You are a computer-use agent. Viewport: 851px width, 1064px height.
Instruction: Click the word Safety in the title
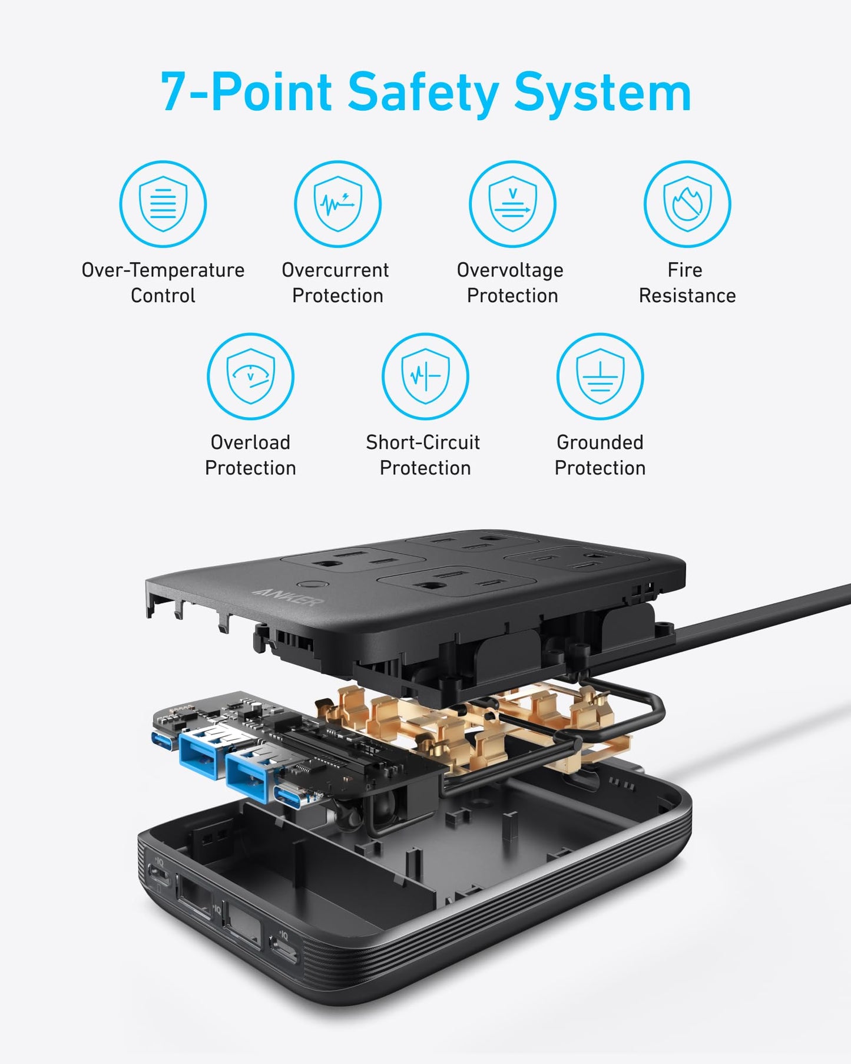423,92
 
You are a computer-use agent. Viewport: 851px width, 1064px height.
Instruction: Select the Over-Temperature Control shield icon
163,204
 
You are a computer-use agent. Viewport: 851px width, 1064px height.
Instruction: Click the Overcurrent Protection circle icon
337,204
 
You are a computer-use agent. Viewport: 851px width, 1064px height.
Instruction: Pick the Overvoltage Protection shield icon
512,204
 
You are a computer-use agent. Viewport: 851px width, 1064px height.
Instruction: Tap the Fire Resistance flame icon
687,204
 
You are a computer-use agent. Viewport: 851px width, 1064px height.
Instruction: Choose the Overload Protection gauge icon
250,376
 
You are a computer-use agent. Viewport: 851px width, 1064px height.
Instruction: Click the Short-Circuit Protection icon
425,376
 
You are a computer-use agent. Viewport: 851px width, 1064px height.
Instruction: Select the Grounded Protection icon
600,376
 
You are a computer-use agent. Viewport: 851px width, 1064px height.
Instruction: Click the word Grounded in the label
600,442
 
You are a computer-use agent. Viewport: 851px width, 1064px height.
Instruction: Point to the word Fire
684,270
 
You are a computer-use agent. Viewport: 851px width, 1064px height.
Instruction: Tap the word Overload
250,442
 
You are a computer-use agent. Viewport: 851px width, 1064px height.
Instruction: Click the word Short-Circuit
423,442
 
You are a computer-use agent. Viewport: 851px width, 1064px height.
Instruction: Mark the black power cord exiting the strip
766,616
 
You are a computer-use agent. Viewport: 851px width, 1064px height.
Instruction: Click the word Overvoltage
510,270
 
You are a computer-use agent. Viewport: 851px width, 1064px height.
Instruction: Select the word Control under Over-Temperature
163,296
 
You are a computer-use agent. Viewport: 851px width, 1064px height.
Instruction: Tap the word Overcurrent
335,270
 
